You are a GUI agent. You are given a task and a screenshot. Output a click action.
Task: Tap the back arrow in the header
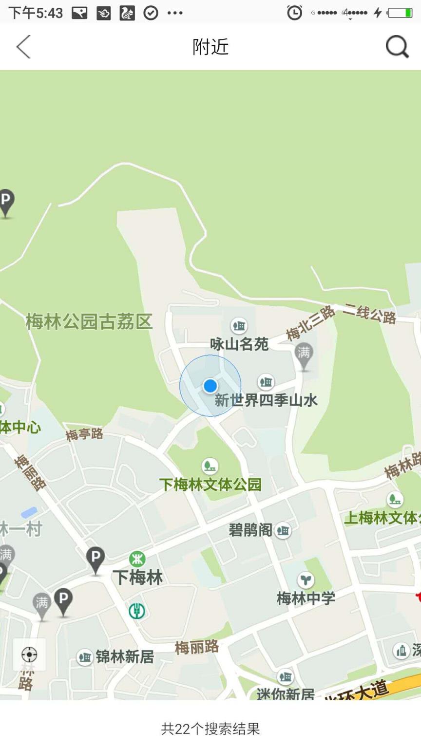pyautogui.click(x=23, y=47)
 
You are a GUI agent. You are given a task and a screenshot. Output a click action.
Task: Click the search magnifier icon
pyautogui.click(x=397, y=47)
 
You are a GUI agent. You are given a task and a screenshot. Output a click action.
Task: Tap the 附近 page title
pyautogui.click(x=210, y=47)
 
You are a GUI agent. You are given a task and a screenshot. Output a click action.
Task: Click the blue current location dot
pyautogui.click(x=210, y=386)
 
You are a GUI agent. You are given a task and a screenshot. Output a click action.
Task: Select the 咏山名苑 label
pyautogui.click(x=239, y=344)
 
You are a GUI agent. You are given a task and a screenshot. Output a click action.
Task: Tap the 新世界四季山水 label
pyautogui.click(x=266, y=400)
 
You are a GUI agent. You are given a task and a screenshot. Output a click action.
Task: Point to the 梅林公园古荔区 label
pyautogui.click(x=89, y=322)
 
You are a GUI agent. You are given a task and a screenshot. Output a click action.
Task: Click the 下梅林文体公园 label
pyautogui.click(x=210, y=485)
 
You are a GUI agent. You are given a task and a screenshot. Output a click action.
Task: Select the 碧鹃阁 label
pyautogui.click(x=250, y=530)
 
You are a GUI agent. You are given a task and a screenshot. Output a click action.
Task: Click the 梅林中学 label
pyautogui.click(x=306, y=598)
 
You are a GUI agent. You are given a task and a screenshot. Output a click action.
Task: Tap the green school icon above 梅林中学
pyautogui.click(x=306, y=580)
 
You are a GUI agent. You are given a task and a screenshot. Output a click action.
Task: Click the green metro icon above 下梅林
pyautogui.click(x=137, y=559)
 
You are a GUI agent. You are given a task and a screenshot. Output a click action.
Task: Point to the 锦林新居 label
pyautogui.click(x=125, y=657)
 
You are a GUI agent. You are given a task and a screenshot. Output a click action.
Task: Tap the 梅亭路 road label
pyautogui.click(x=85, y=433)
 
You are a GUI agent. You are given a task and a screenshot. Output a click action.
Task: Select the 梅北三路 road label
pyautogui.click(x=310, y=323)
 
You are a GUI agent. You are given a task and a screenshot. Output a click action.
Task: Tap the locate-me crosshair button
pyautogui.click(x=29, y=654)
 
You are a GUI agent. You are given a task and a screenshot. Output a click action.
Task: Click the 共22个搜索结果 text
pyautogui.click(x=210, y=729)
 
